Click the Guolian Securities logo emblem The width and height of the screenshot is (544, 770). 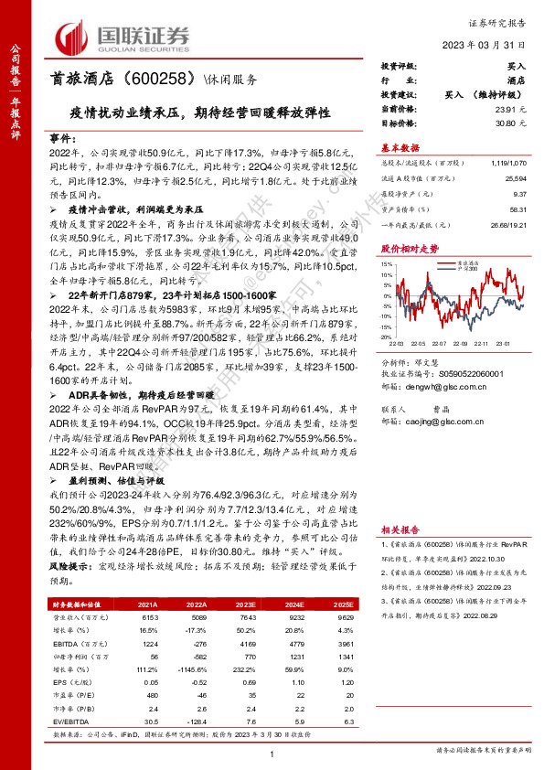pyautogui.click(x=72, y=37)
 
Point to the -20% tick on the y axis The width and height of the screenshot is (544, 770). pyautogui.click(x=386, y=337)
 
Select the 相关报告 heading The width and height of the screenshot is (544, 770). pyautogui.click(x=400, y=529)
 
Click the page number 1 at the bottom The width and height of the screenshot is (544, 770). pyautogui.click(x=272, y=754)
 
